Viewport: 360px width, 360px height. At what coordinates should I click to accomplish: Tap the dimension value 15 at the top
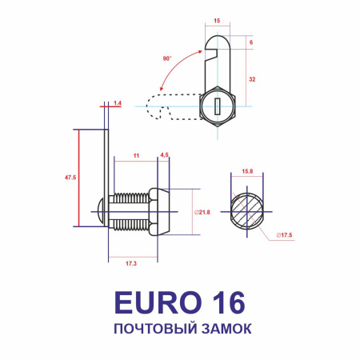pyautogui.click(x=217, y=22)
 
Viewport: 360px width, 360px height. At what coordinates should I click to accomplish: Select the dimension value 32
pyautogui.click(x=253, y=78)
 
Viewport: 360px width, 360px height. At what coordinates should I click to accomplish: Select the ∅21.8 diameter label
pyautogui.click(x=202, y=212)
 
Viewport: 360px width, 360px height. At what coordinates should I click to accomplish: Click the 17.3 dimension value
pyautogui.click(x=131, y=262)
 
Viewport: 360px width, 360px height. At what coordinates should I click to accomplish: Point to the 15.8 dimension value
pyautogui.click(x=247, y=171)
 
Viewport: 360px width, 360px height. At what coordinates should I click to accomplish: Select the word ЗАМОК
pyautogui.click(x=224, y=329)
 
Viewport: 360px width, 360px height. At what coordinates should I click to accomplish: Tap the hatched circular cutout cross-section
pyautogui.click(x=246, y=212)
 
